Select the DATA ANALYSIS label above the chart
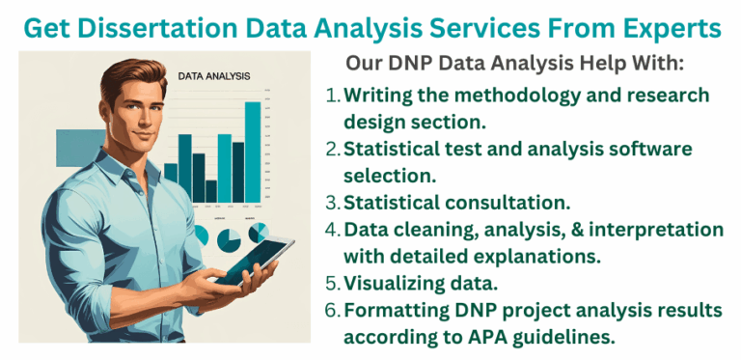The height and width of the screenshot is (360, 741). coord(214,74)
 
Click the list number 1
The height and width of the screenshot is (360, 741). coord(332,97)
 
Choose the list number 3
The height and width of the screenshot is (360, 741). coord(332,204)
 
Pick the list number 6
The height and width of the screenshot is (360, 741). coord(332,311)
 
